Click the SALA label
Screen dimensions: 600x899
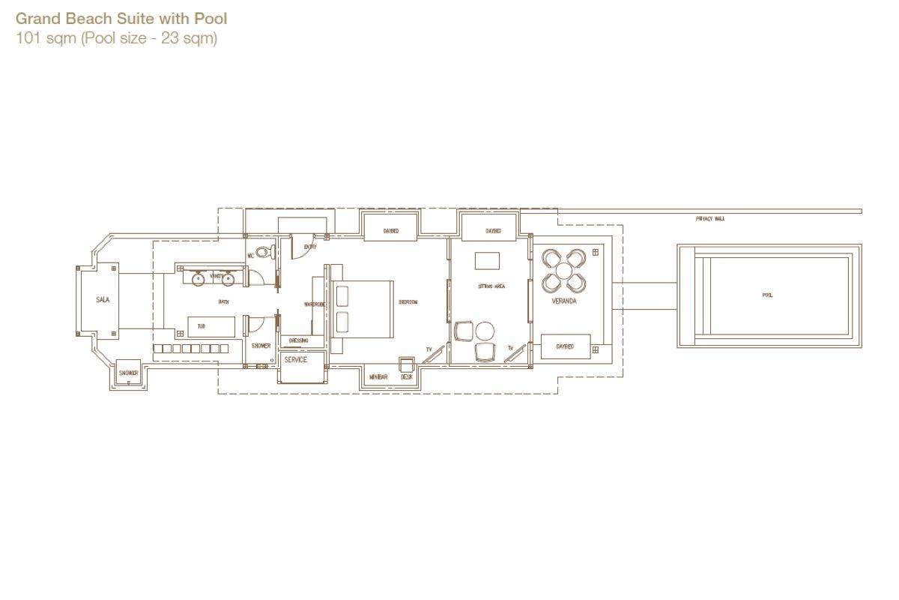pyautogui.click(x=103, y=300)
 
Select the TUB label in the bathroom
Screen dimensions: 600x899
pyautogui.click(x=202, y=326)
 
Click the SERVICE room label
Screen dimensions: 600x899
pyautogui.click(x=295, y=360)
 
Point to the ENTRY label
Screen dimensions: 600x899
pyautogui.click(x=310, y=247)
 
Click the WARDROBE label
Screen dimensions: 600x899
pyautogui.click(x=314, y=304)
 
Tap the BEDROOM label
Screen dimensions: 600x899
pyautogui.click(x=408, y=302)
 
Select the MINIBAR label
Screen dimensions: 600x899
pyautogui.click(x=378, y=376)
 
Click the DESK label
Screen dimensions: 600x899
pyautogui.click(x=406, y=376)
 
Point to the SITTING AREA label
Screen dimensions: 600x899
pyautogui.click(x=491, y=286)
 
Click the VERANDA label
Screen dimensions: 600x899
pyautogui.click(x=564, y=301)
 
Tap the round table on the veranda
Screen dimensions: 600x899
pyautogui.click(x=564, y=271)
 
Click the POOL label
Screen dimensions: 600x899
pyautogui.click(x=767, y=295)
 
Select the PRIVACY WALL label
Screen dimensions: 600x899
pyautogui.click(x=709, y=219)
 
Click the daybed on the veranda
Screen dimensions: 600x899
pyautogui.click(x=566, y=346)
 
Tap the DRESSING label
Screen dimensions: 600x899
pyautogui.click(x=298, y=340)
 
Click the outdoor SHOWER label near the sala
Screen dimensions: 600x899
pyautogui.click(x=128, y=373)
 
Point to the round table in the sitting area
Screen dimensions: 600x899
pyautogui.click(x=485, y=330)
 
